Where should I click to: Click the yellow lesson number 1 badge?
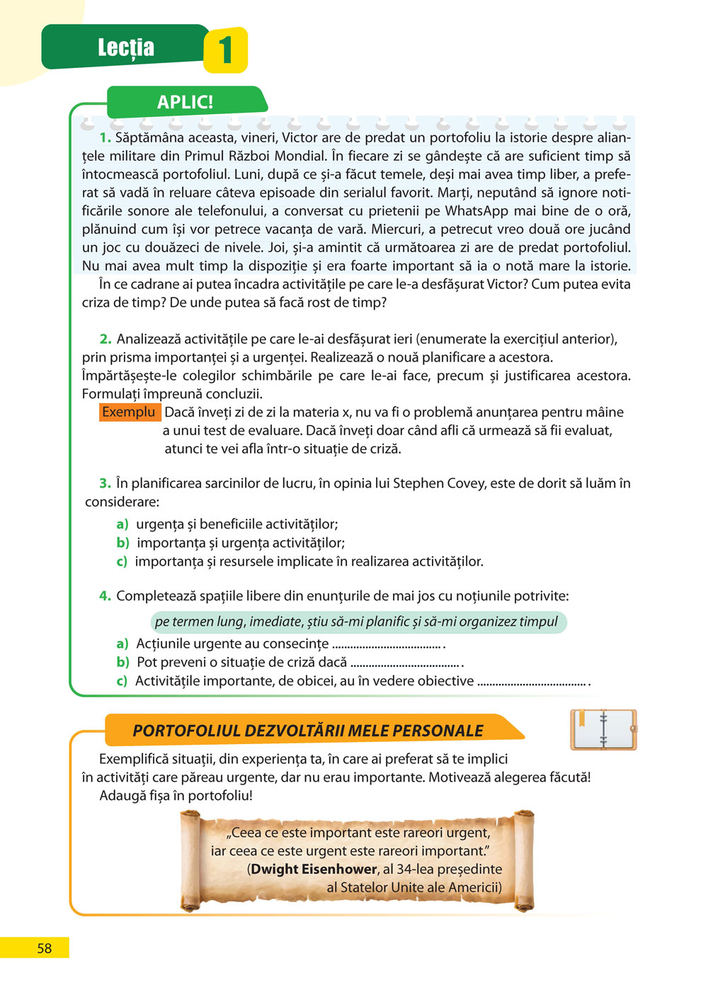225,50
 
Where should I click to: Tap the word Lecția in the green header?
126,47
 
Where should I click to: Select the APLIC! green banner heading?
185,102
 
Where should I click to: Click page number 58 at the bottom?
44,948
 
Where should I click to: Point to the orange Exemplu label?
129,412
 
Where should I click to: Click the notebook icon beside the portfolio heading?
603,729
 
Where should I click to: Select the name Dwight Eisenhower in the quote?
314,869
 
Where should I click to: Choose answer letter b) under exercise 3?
122,544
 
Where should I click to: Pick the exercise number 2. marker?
105,339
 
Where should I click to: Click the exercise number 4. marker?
105,596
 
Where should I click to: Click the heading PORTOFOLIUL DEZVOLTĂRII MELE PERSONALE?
308,731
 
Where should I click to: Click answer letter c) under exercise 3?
122,562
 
